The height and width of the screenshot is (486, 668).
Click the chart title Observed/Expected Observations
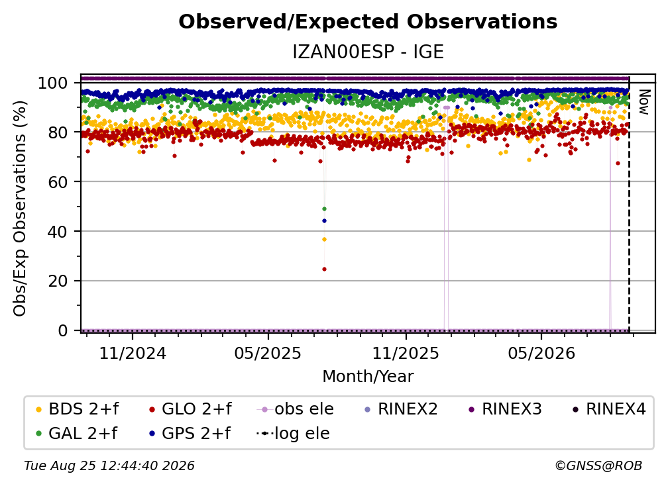368,22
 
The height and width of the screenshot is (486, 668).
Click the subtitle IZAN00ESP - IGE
368,52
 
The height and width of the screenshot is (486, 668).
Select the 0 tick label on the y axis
62,330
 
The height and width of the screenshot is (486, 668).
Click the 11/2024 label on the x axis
133,353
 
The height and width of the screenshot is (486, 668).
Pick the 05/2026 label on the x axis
541,353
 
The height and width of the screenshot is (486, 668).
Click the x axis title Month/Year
368,377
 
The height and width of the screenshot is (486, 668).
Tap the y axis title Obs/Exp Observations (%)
20,209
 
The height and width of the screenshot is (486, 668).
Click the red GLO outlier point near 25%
324,269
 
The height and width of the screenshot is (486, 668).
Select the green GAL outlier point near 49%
324,209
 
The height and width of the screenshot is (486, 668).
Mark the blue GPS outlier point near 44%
324,221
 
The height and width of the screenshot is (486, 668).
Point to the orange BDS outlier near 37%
324,240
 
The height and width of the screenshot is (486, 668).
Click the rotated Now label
643,102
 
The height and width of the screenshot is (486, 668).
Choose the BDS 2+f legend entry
77,409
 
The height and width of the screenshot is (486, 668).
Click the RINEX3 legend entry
505,409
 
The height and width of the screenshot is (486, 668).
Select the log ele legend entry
293,434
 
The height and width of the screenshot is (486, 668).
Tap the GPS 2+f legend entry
190,434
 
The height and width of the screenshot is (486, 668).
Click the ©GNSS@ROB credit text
598,466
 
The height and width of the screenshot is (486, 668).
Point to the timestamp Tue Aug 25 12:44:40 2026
109,466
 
